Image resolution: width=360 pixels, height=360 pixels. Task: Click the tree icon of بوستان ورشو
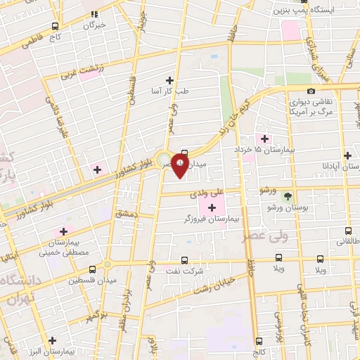[x=286, y=196]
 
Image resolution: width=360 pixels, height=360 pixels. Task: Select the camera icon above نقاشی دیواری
[x=311, y=91]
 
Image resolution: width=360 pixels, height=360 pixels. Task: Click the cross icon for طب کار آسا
[x=169, y=80]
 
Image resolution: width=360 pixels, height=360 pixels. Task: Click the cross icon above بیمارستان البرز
[x=52, y=340]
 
